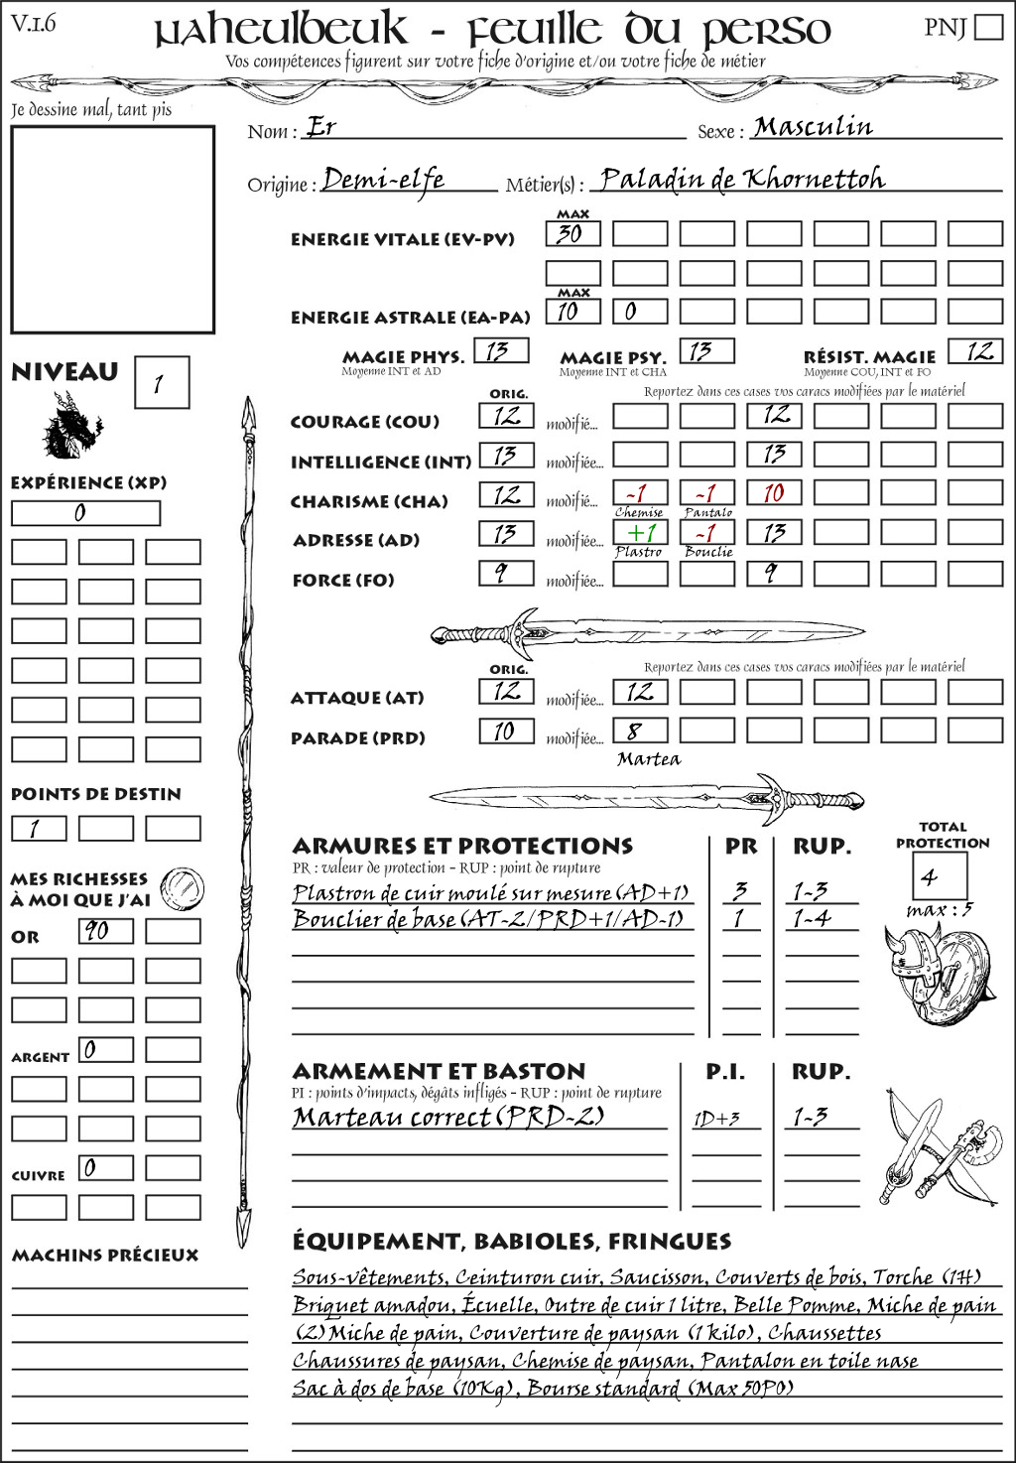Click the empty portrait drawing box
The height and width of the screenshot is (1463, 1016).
(112, 229)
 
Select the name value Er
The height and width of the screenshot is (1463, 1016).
(320, 128)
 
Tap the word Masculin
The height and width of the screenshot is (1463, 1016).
(813, 127)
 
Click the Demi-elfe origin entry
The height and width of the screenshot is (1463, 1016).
(384, 180)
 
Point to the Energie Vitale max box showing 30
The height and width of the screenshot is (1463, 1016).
(572, 234)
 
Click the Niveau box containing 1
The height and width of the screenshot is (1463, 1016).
(161, 383)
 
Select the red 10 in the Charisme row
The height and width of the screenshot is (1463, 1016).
(774, 493)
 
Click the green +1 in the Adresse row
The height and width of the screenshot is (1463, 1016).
(640, 532)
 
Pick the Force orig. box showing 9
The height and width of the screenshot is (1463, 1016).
(506, 573)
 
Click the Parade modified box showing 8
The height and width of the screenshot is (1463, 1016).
(640, 731)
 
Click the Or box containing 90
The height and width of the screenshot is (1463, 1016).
(105, 931)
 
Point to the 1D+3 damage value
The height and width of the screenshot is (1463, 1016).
(716, 1119)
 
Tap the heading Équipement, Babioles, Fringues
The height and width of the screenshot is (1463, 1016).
(511, 1241)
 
